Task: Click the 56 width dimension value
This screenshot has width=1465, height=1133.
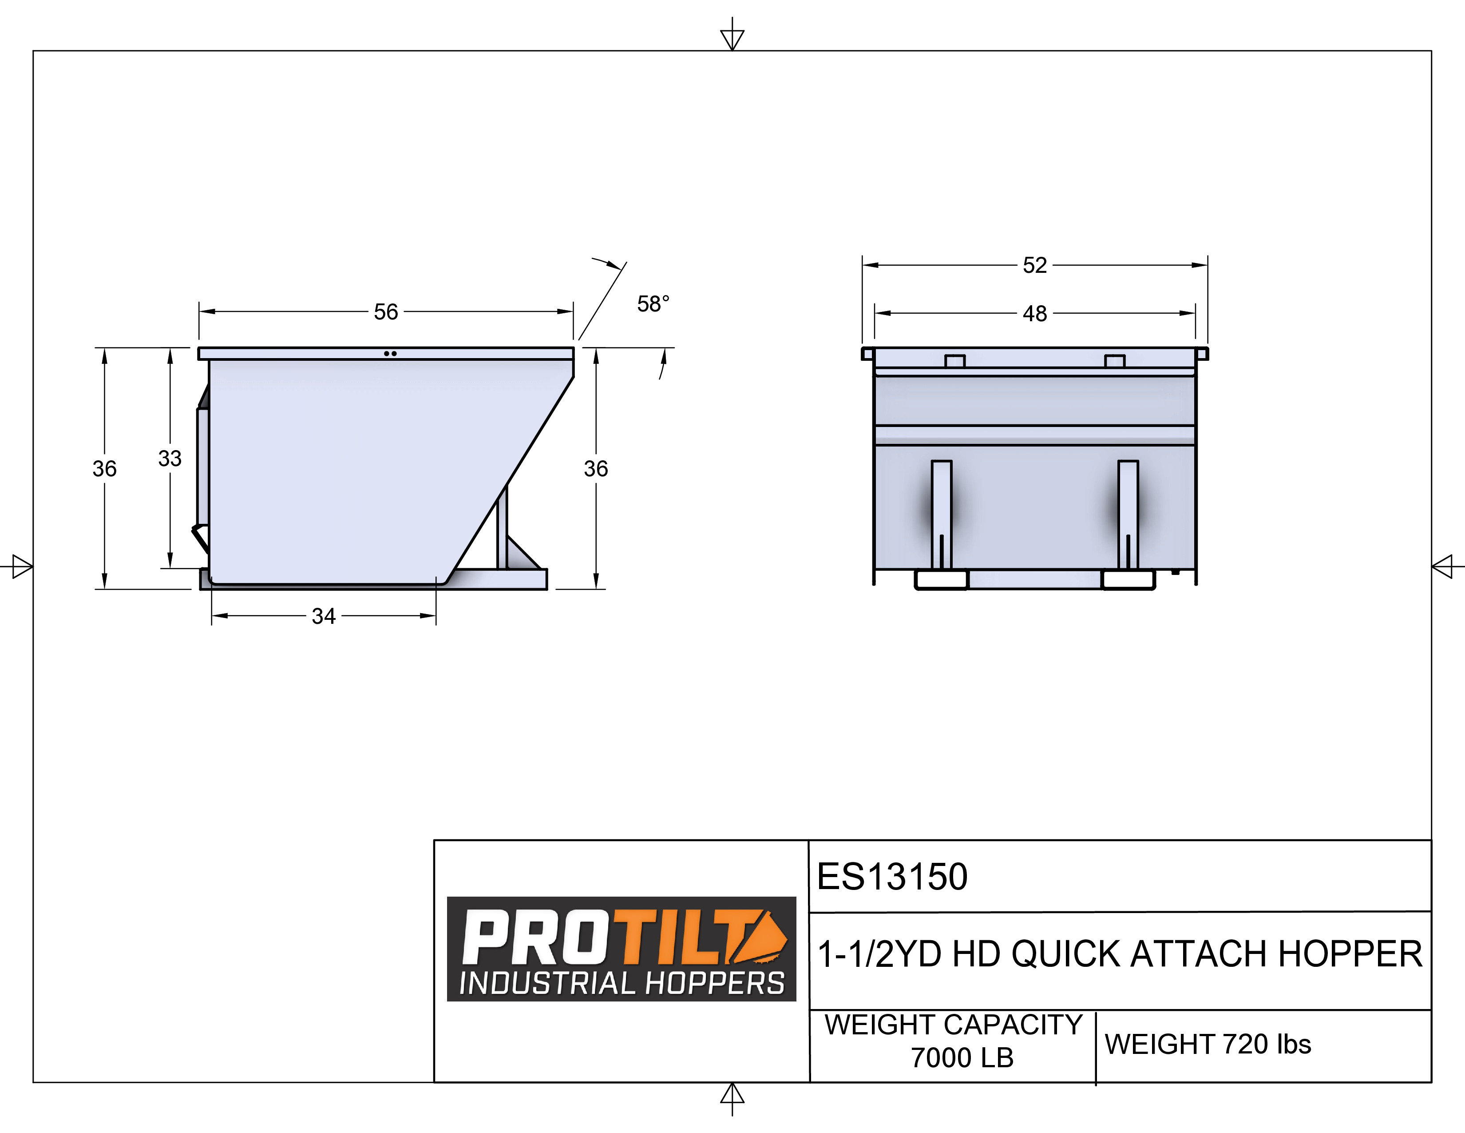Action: pos(386,311)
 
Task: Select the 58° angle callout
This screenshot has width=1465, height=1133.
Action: pos(653,304)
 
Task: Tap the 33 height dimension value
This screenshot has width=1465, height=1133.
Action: pos(170,459)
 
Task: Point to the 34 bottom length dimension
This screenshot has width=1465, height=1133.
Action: pos(323,615)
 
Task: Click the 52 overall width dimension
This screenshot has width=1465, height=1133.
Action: pos(1034,265)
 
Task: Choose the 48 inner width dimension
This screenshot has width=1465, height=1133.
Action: pos(1034,313)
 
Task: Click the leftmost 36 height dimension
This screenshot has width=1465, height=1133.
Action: pos(105,468)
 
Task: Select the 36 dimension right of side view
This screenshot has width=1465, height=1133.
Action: pos(596,468)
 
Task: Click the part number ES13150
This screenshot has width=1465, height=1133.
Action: pos(892,877)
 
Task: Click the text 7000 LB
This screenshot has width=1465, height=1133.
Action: pos(961,1058)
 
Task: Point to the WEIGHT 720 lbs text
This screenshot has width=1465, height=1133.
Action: pos(1208,1045)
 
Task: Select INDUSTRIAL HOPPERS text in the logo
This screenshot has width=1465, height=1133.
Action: pos(621,983)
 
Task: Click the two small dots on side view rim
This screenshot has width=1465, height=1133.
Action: pos(390,354)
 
